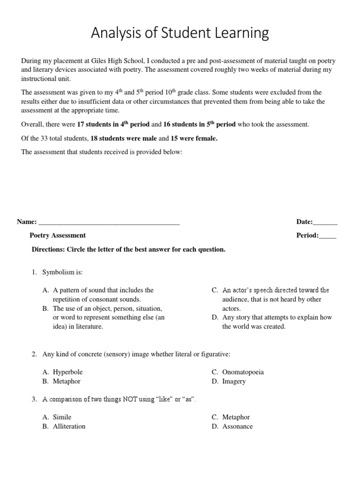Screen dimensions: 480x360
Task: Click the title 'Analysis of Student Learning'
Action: coord(180,33)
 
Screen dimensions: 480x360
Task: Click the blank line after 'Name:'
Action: coord(109,222)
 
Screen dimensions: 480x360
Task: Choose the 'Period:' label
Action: coord(307,235)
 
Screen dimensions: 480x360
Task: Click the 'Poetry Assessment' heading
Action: coord(58,235)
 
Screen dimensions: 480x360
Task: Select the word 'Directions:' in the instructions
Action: coord(48,249)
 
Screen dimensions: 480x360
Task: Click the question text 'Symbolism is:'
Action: coord(62,272)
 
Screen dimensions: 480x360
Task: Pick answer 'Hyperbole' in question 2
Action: coord(67,372)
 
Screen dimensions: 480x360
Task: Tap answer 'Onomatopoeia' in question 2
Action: coord(243,372)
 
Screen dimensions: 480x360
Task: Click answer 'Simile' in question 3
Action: coord(62,417)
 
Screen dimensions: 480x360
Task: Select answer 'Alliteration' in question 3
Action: coord(69,427)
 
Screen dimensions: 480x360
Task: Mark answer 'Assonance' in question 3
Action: coord(237,427)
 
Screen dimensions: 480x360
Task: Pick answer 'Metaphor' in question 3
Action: coord(236,417)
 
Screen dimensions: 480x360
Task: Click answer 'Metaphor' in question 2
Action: coord(67,382)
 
